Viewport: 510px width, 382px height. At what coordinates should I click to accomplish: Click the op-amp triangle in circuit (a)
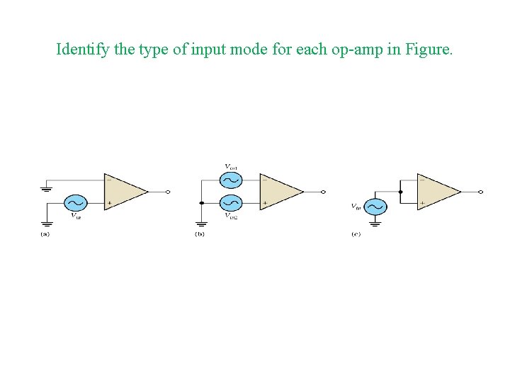click(x=123, y=191)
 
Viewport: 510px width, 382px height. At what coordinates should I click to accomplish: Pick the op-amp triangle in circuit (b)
click(x=279, y=191)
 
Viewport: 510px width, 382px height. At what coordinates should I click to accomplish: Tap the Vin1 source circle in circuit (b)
click(x=231, y=179)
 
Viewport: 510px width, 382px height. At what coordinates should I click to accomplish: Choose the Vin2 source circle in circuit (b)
click(x=231, y=203)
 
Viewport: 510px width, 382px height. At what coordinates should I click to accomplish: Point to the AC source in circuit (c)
click(x=375, y=206)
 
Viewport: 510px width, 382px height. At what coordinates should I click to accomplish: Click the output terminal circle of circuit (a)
click(x=168, y=191)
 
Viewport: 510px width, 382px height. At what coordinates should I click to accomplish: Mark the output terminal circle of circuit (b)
click(x=324, y=191)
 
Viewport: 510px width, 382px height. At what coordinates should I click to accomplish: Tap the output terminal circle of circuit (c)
click(x=481, y=191)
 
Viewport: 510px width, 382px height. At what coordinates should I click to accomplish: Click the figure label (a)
click(x=45, y=234)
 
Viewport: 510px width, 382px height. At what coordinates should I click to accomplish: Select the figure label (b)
click(x=200, y=234)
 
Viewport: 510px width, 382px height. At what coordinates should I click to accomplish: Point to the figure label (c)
click(x=356, y=234)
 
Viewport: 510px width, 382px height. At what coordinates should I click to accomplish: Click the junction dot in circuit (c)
click(x=400, y=191)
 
